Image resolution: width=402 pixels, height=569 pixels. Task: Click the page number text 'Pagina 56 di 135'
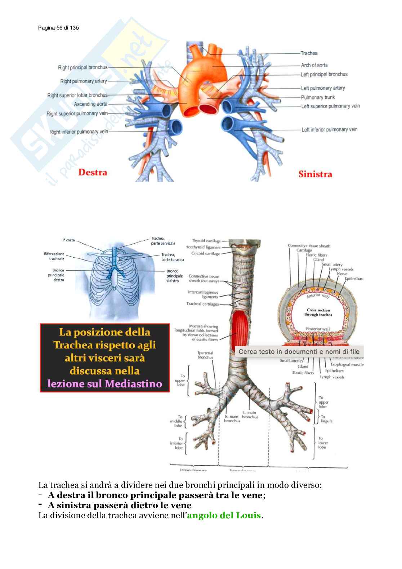58,28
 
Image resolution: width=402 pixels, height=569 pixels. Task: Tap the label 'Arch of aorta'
314,65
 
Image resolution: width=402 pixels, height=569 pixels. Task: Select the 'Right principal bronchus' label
82,67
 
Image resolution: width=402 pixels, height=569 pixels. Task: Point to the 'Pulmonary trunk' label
318,97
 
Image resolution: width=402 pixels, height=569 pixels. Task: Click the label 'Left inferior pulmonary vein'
329,130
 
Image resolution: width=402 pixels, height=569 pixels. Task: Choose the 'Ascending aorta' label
90,104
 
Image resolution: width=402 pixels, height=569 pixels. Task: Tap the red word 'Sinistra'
315,174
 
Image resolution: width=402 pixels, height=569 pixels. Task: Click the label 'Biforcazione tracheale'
54,256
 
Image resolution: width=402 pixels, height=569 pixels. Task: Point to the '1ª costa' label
68,240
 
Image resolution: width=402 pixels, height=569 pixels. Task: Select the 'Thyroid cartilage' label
206,241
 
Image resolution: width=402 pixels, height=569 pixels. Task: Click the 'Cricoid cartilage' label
205,254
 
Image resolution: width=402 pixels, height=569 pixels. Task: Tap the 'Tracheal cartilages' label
202,304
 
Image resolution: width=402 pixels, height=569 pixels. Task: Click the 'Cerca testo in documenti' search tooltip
299,352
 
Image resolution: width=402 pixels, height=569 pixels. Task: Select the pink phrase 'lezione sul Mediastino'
104,384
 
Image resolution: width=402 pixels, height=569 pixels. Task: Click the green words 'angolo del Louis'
224,515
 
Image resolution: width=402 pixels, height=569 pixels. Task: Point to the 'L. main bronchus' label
250,415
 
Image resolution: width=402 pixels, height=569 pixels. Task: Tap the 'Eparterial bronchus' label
205,355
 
